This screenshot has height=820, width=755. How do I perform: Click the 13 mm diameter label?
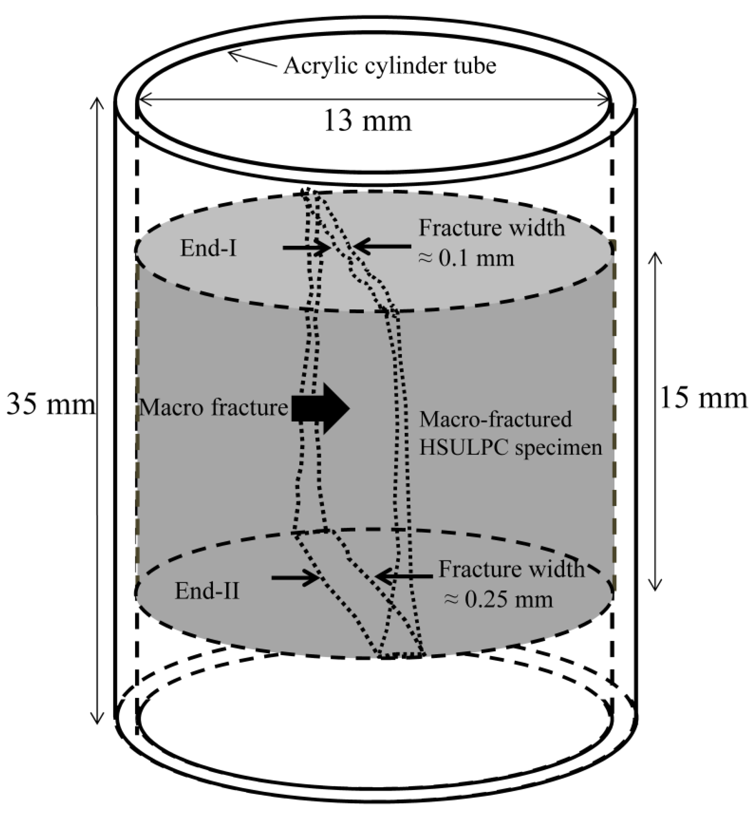[x=368, y=121]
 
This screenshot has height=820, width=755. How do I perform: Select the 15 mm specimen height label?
[x=703, y=398]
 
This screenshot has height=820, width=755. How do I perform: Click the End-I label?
[x=208, y=248]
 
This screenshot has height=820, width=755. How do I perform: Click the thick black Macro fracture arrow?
[x=320, y=408]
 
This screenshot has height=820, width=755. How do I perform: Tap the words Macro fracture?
[x=213, y=408]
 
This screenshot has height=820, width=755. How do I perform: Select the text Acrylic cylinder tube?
[x=389, y=65]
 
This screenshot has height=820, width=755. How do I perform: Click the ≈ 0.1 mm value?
[x=466, y=259]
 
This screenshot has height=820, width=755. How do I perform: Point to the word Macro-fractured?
[x=496, y=419]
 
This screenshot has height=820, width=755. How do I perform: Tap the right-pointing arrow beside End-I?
[x=306, y=247]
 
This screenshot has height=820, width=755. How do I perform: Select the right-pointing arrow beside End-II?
[x=295, y=577]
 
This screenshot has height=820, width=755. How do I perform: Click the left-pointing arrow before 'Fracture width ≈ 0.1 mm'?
[x=382, y=247]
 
